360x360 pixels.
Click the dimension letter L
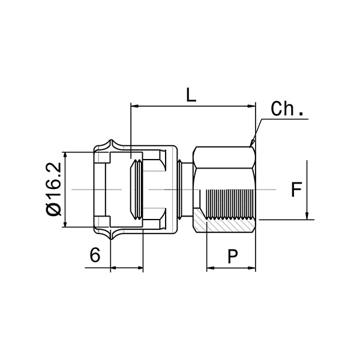click(191, 95)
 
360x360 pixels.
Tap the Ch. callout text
click(287, 109)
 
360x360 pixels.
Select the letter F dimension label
click(296, 190)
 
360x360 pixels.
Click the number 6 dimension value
click(95, 256)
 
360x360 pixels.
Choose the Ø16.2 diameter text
click(54, 190)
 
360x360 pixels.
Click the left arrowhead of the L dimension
click(135, 107)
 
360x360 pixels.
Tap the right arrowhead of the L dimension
click(251, 107)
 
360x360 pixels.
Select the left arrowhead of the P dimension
click(211, 268)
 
